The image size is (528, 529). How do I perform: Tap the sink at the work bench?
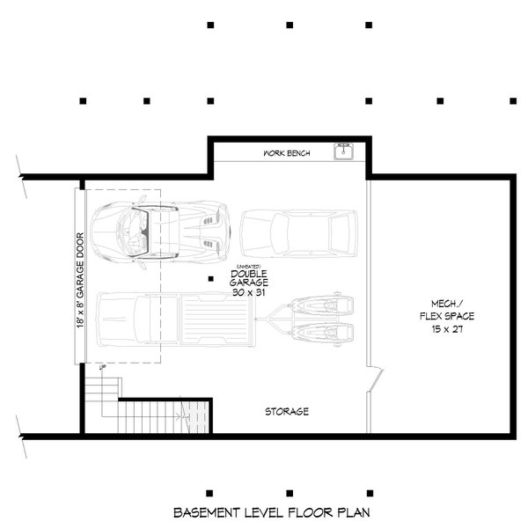[x=344, y=154]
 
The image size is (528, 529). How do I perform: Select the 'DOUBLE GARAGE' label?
[x=249, y=278]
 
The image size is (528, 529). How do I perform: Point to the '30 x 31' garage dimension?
[x=249, y=292]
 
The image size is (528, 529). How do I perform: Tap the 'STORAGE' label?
[x=287, y=411]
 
